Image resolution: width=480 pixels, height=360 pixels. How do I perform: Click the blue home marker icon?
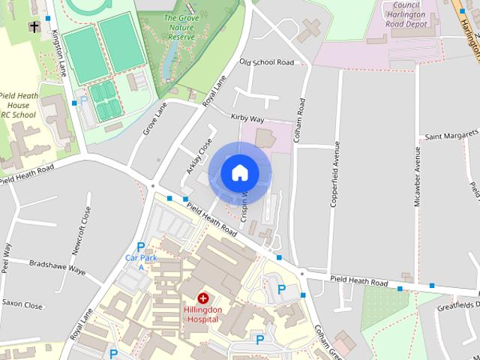coord(240,173)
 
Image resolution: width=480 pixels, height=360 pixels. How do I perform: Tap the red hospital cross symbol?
coord(202,298)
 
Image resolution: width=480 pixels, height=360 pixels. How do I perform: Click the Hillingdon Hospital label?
coord(202,313)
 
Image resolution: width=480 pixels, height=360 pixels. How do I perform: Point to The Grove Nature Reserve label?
coord(180,27)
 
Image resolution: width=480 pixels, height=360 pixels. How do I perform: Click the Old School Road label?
coord(266,62)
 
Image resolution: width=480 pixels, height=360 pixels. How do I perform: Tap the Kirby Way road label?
coord(247,118)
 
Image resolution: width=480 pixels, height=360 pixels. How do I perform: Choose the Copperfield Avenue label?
coord(335,173)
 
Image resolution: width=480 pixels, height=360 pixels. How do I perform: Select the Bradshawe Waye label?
coord(57,265)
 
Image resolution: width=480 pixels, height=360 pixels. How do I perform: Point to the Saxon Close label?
coord(22,305)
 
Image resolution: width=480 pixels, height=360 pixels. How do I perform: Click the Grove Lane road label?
coord(154,118)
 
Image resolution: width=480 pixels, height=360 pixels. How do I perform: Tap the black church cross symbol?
coord(34,27)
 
